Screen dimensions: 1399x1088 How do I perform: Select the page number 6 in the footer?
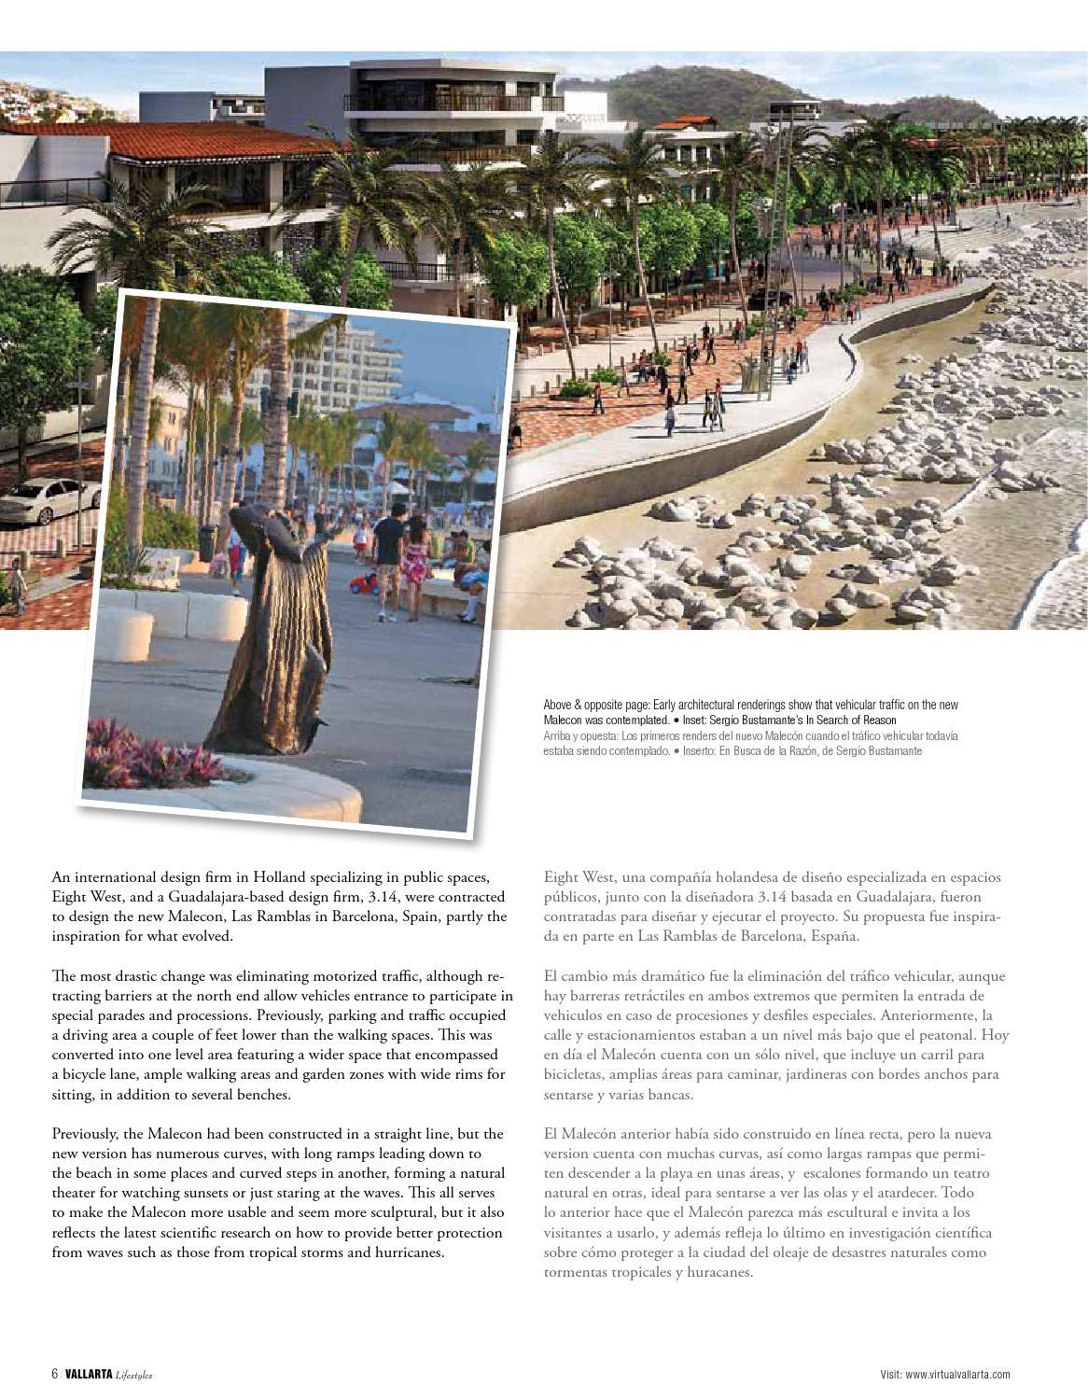(x=55, y=1374)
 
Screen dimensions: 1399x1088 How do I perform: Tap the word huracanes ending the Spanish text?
(x=718, y=1272)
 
